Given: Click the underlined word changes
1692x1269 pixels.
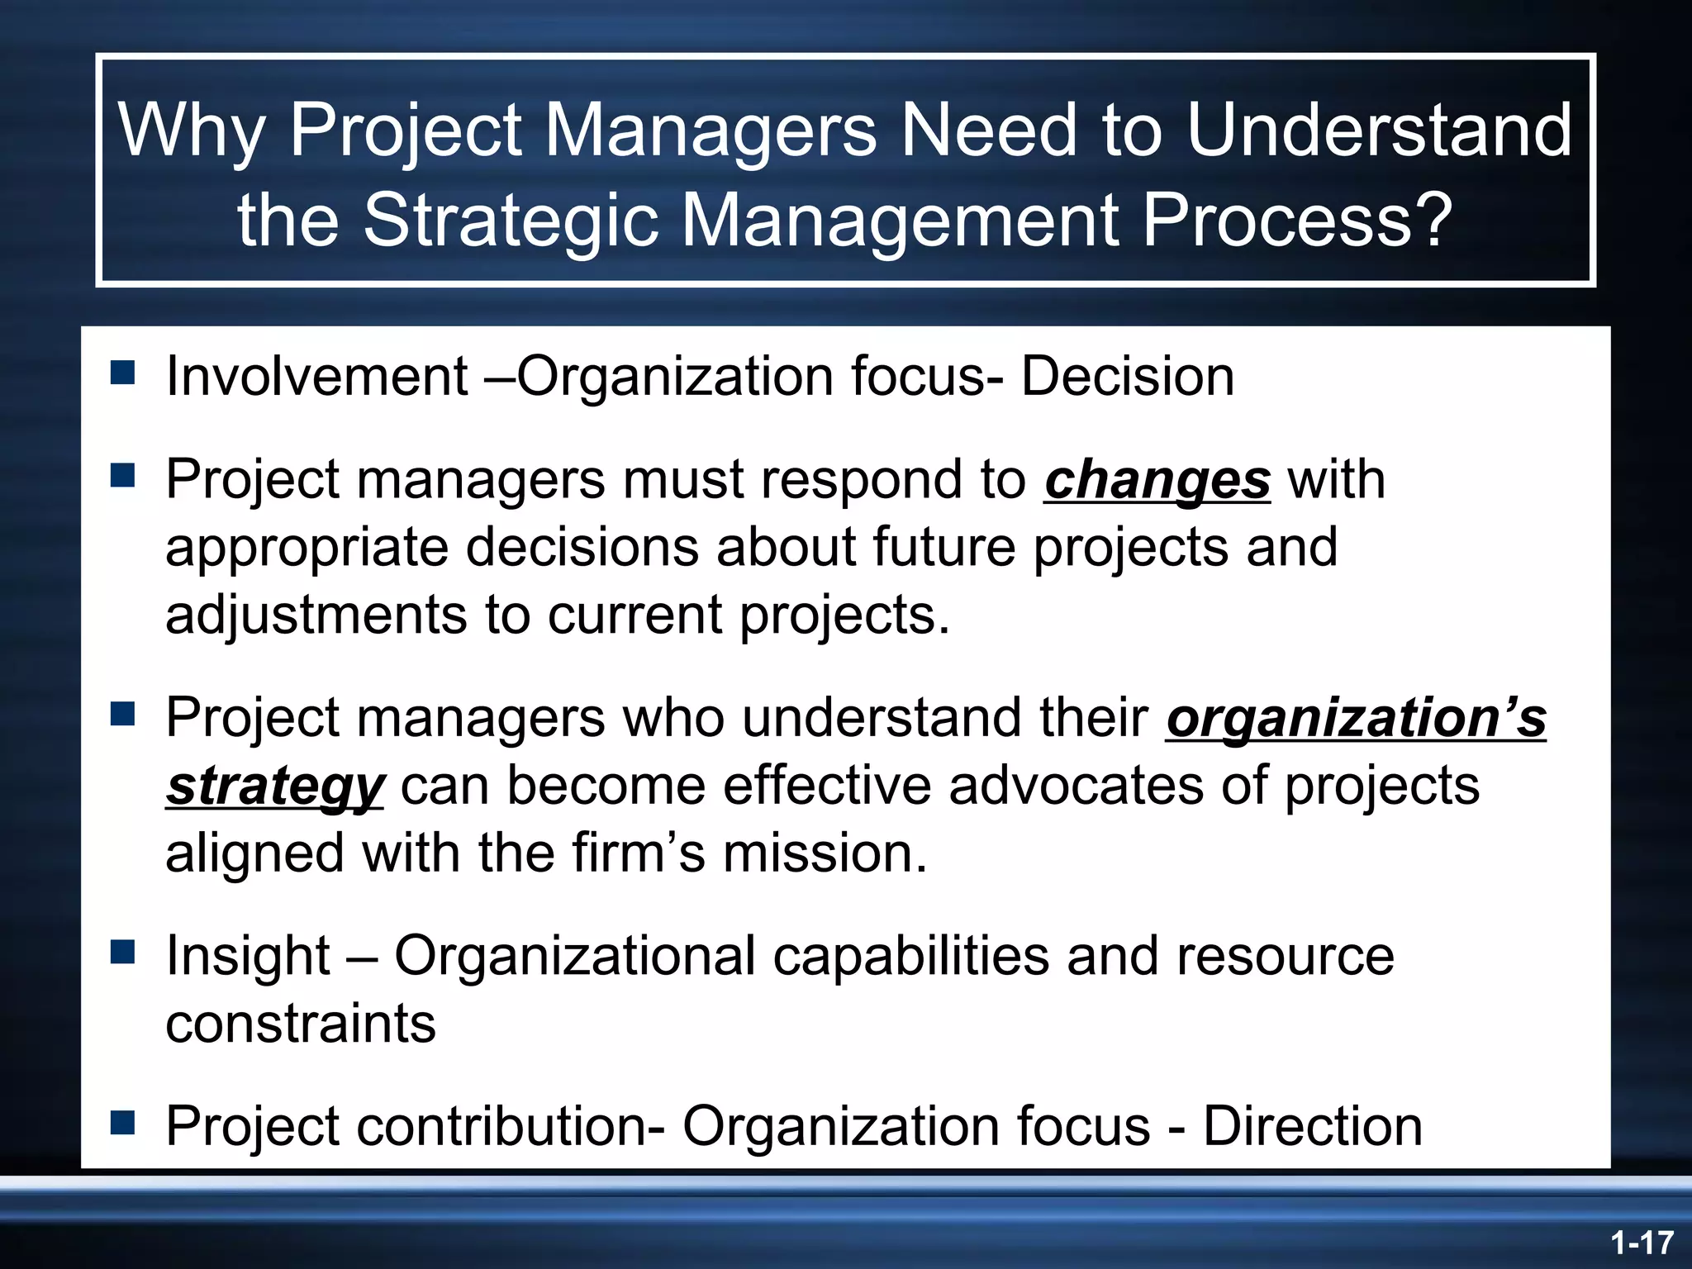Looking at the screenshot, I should (1157, 480).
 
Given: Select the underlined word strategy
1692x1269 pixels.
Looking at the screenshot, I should (274, 786).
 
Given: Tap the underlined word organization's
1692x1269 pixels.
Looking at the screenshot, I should (1356, 717).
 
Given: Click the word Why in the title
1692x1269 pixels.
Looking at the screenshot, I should (192, 131).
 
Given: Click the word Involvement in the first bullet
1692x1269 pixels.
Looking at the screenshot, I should (317, 377).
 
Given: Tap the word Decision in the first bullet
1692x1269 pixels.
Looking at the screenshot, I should (1127, 377).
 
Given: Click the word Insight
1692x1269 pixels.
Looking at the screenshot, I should (248, 956).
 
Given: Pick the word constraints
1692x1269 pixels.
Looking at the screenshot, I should (301, 1024).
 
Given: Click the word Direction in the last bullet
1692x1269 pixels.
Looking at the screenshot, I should (1312, 1126).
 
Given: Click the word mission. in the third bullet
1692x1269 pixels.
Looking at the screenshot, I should (825, 853).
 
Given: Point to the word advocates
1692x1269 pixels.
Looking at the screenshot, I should (1076, 786).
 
